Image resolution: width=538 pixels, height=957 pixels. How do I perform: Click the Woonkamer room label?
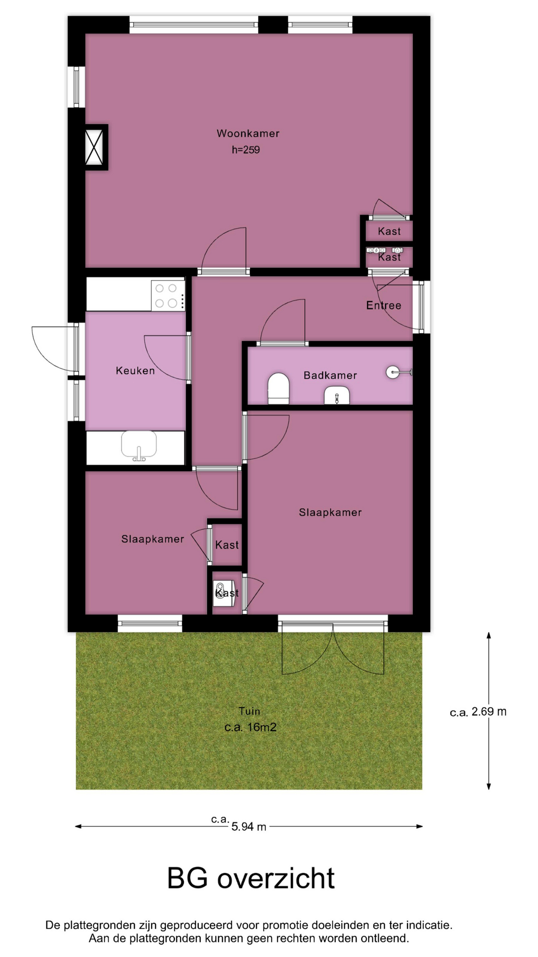pos(248,134)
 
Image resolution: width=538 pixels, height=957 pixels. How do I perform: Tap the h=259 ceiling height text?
pos(246,150)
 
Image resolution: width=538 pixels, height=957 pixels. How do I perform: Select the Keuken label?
pos(135,371)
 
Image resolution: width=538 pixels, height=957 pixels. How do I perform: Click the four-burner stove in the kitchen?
pos(168,295)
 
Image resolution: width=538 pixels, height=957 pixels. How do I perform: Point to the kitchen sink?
pos(139,445)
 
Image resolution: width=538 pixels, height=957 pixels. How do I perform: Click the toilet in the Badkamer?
pos(279,388)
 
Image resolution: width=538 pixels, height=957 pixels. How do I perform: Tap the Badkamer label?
pos(330,375)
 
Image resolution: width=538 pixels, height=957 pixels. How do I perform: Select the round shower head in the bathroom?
pos(393,372)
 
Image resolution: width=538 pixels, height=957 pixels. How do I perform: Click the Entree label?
pos(384,306)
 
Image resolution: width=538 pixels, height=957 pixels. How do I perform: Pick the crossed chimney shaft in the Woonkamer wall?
pos(94,147)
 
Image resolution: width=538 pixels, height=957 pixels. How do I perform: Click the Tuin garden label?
pos(249,711)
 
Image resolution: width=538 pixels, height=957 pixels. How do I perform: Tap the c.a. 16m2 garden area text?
pos(250,727)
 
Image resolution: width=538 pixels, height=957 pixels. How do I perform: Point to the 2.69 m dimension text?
pos(489,712)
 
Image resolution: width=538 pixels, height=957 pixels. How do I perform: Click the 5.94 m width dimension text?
pos(249,827)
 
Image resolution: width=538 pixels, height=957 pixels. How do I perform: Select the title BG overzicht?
pos(251,879)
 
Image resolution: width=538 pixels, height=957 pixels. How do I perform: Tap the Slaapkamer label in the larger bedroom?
pos(330,512)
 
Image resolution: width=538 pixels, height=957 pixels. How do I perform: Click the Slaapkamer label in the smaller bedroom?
pos(152,539)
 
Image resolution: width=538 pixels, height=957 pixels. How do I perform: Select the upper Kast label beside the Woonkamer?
pos(389,231)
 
